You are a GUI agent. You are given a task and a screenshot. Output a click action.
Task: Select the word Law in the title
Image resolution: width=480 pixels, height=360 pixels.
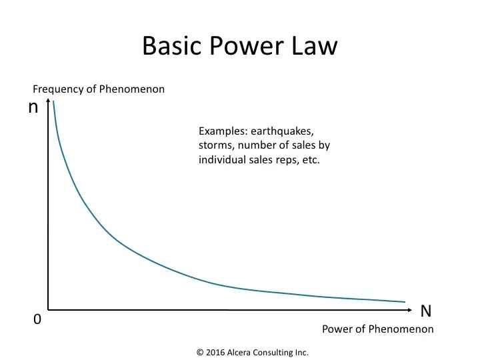pyautogui.click(x=315, y=45)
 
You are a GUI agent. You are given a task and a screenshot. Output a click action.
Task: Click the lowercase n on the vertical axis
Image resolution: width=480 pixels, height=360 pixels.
pyautogui.click(x=33, y=107)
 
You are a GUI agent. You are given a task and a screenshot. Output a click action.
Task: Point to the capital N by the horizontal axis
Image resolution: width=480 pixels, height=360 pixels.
pyautogui.click(x=426, y=311)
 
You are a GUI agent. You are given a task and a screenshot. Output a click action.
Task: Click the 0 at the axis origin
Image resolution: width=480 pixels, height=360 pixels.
pyautogui.click(x=37, y=319)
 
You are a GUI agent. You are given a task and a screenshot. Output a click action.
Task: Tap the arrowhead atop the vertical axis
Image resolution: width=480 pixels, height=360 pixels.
pyautogui.click(x=48, y=101)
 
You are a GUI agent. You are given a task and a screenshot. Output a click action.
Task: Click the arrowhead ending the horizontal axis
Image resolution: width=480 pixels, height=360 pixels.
pyautogui.click(x=409, y=310)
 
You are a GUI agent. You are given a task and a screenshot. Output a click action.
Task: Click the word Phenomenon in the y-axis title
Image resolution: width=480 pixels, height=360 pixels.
pyautogui.click(x=131, y=89)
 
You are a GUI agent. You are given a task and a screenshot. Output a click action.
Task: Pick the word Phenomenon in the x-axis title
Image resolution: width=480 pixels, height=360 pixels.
pyautogui.click(x=401, y=329)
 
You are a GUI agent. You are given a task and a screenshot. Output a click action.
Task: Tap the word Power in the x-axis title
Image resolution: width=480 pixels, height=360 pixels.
pyautogui.click(x=337, y=329)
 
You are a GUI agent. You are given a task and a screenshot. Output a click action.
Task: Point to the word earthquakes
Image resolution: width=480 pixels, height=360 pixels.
pyautogui.click(x=282, y=131)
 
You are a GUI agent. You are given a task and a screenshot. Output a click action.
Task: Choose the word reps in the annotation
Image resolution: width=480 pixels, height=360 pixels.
pyautogui.click(x=287, y=160)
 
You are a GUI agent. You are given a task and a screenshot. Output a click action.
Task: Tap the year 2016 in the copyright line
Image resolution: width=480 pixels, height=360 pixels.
pyautogui.click(x=215, y=353)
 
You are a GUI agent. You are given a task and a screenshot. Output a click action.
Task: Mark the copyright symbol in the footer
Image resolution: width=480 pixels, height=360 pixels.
pyautogui.click(x=200, y=353)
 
